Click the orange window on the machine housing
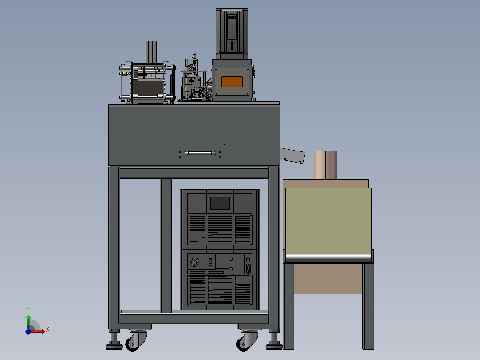coord(232,82)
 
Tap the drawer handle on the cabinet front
coord(200,153)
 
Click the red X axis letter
coord(48,330)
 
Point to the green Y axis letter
coord(28,310)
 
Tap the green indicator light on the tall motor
coord(232,46)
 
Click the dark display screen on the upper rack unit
coord(220,204)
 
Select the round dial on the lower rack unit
coord(195,262)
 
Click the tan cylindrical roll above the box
coord(326,165)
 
